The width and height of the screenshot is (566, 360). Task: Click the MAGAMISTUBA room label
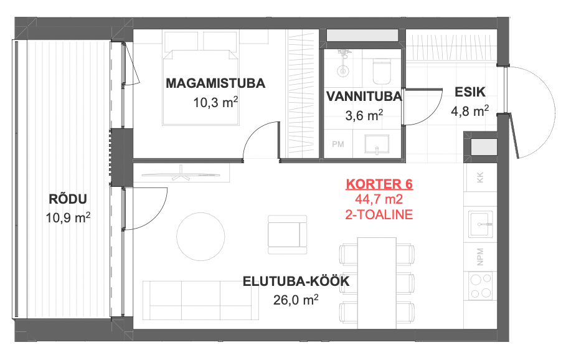[215, 83]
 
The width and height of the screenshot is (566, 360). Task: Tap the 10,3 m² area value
[215, 103]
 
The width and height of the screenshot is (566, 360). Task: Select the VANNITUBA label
[364, 97]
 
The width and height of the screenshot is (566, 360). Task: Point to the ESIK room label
[470, 92]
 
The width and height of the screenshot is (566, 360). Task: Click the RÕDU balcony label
[68, 199]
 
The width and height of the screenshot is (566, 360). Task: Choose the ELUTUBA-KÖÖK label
[296, 282]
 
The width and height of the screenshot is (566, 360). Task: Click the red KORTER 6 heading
[379, 184]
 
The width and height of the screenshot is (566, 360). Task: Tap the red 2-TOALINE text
[379, 215]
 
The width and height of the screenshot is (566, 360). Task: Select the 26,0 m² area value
[296, 300]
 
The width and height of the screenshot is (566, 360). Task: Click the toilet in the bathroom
[382, 71]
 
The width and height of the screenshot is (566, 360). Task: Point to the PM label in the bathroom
[338, 144]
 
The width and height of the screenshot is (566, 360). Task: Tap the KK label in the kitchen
[480, 178]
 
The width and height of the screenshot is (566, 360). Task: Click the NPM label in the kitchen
[480, 257]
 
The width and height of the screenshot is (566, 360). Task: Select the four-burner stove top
[481, 286]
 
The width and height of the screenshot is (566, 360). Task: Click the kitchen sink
[481, 224]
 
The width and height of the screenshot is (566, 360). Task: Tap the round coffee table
[200, 237]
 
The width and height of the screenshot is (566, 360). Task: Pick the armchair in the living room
[287, 235]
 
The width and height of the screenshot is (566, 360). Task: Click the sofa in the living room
[200, 300]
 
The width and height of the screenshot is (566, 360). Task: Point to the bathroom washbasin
[377, 145]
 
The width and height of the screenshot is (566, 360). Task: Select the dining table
[377, 283]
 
